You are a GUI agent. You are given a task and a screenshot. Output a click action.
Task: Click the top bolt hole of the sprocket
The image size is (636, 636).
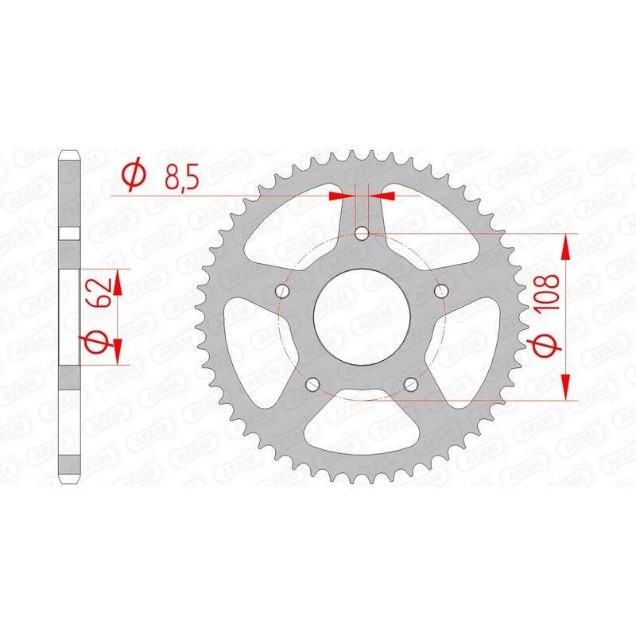(x=362, y=234)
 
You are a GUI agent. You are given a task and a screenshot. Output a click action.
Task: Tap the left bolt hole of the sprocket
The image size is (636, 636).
(x=281, y=292)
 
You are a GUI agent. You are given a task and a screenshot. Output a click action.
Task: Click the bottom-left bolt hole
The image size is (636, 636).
(x=312, y=385)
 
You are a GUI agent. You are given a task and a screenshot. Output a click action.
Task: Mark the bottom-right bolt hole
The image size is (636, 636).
(x=411, y=385)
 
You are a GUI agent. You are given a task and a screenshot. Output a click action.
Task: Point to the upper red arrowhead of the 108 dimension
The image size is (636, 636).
(x=566, y=246)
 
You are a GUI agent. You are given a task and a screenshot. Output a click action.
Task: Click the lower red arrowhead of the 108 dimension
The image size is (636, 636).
(x=566, y=386)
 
